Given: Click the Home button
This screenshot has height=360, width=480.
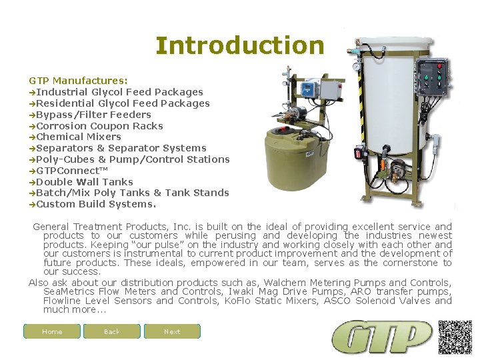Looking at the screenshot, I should [x=52, y=331].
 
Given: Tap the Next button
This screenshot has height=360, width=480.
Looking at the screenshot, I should [x=172, y=331].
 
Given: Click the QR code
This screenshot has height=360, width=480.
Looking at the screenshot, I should [x=455, y=337].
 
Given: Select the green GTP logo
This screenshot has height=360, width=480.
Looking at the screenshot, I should [x=382, y=337].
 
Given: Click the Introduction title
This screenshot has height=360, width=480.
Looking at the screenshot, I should [x=239, y=45].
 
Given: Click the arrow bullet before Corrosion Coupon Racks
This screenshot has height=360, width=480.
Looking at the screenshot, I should [x=32, y=126].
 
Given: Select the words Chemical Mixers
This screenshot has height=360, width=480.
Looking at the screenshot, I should [x=79, y=137].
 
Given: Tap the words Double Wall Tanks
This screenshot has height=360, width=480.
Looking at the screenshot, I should [x=85, y=182].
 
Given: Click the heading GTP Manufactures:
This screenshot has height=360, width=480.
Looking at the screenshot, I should [x=78, y=81].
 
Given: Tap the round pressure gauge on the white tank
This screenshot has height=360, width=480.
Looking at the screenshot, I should [x=358, y=67].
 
